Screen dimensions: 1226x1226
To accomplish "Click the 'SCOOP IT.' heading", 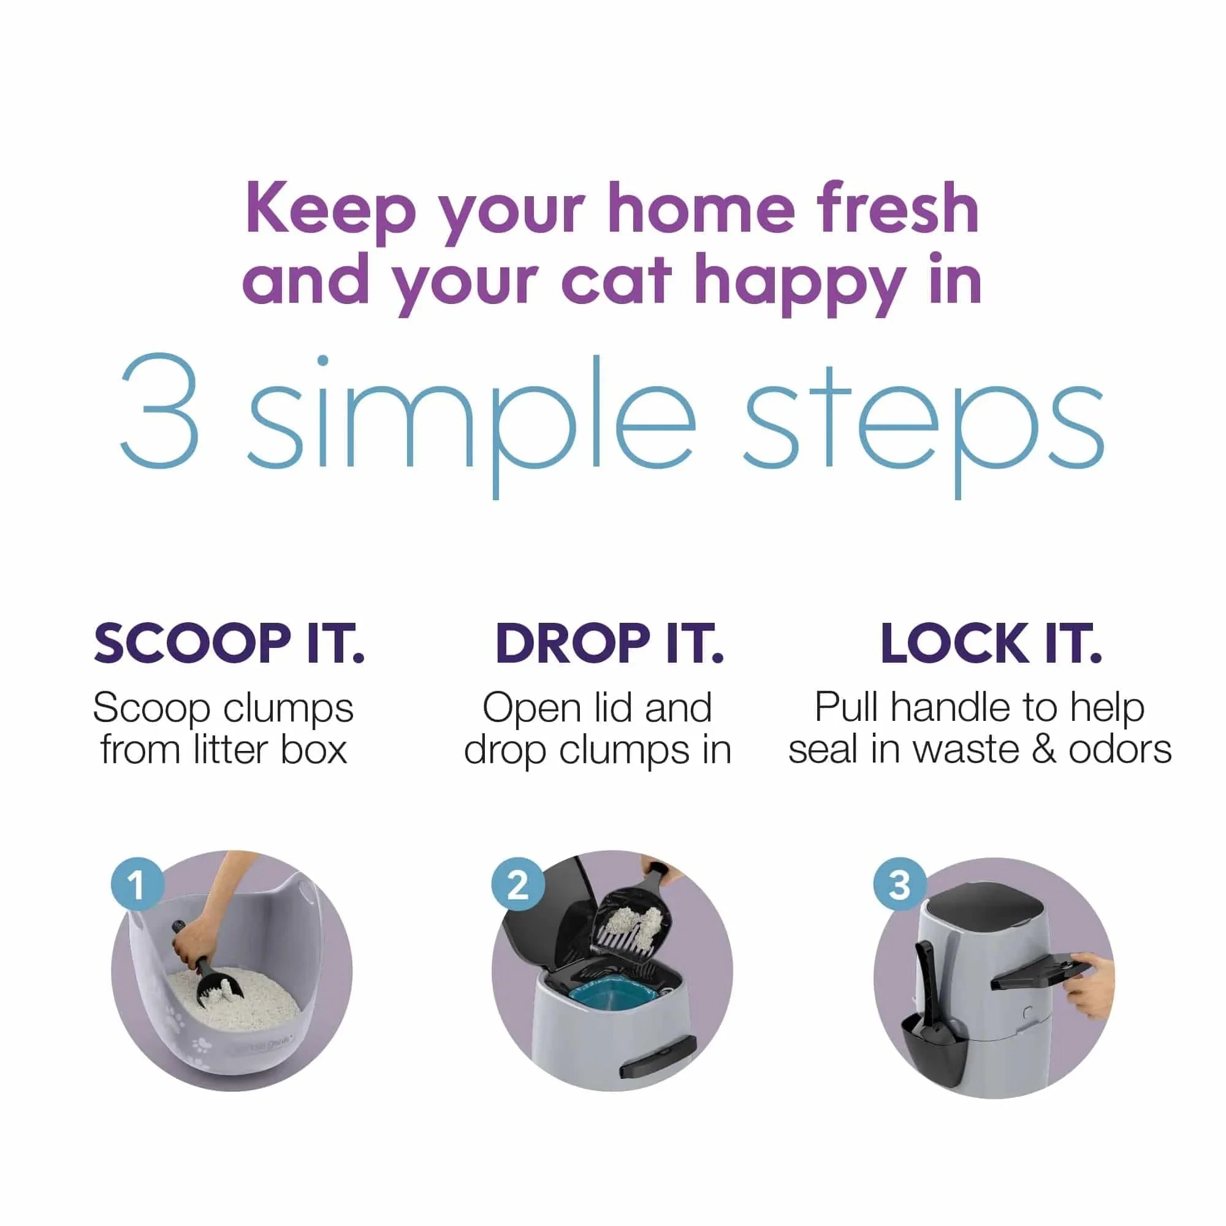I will click(229, 644).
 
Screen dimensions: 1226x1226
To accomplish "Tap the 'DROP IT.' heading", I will click(609, 644).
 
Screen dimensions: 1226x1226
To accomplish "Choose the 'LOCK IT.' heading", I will click(991, 644).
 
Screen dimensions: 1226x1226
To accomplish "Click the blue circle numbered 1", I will click(137, 884).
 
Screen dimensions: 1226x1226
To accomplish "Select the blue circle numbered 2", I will click(518, 884).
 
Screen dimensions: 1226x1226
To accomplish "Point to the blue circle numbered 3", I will click(899, 884).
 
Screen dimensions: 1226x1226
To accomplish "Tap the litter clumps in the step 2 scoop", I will click(634, 923).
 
